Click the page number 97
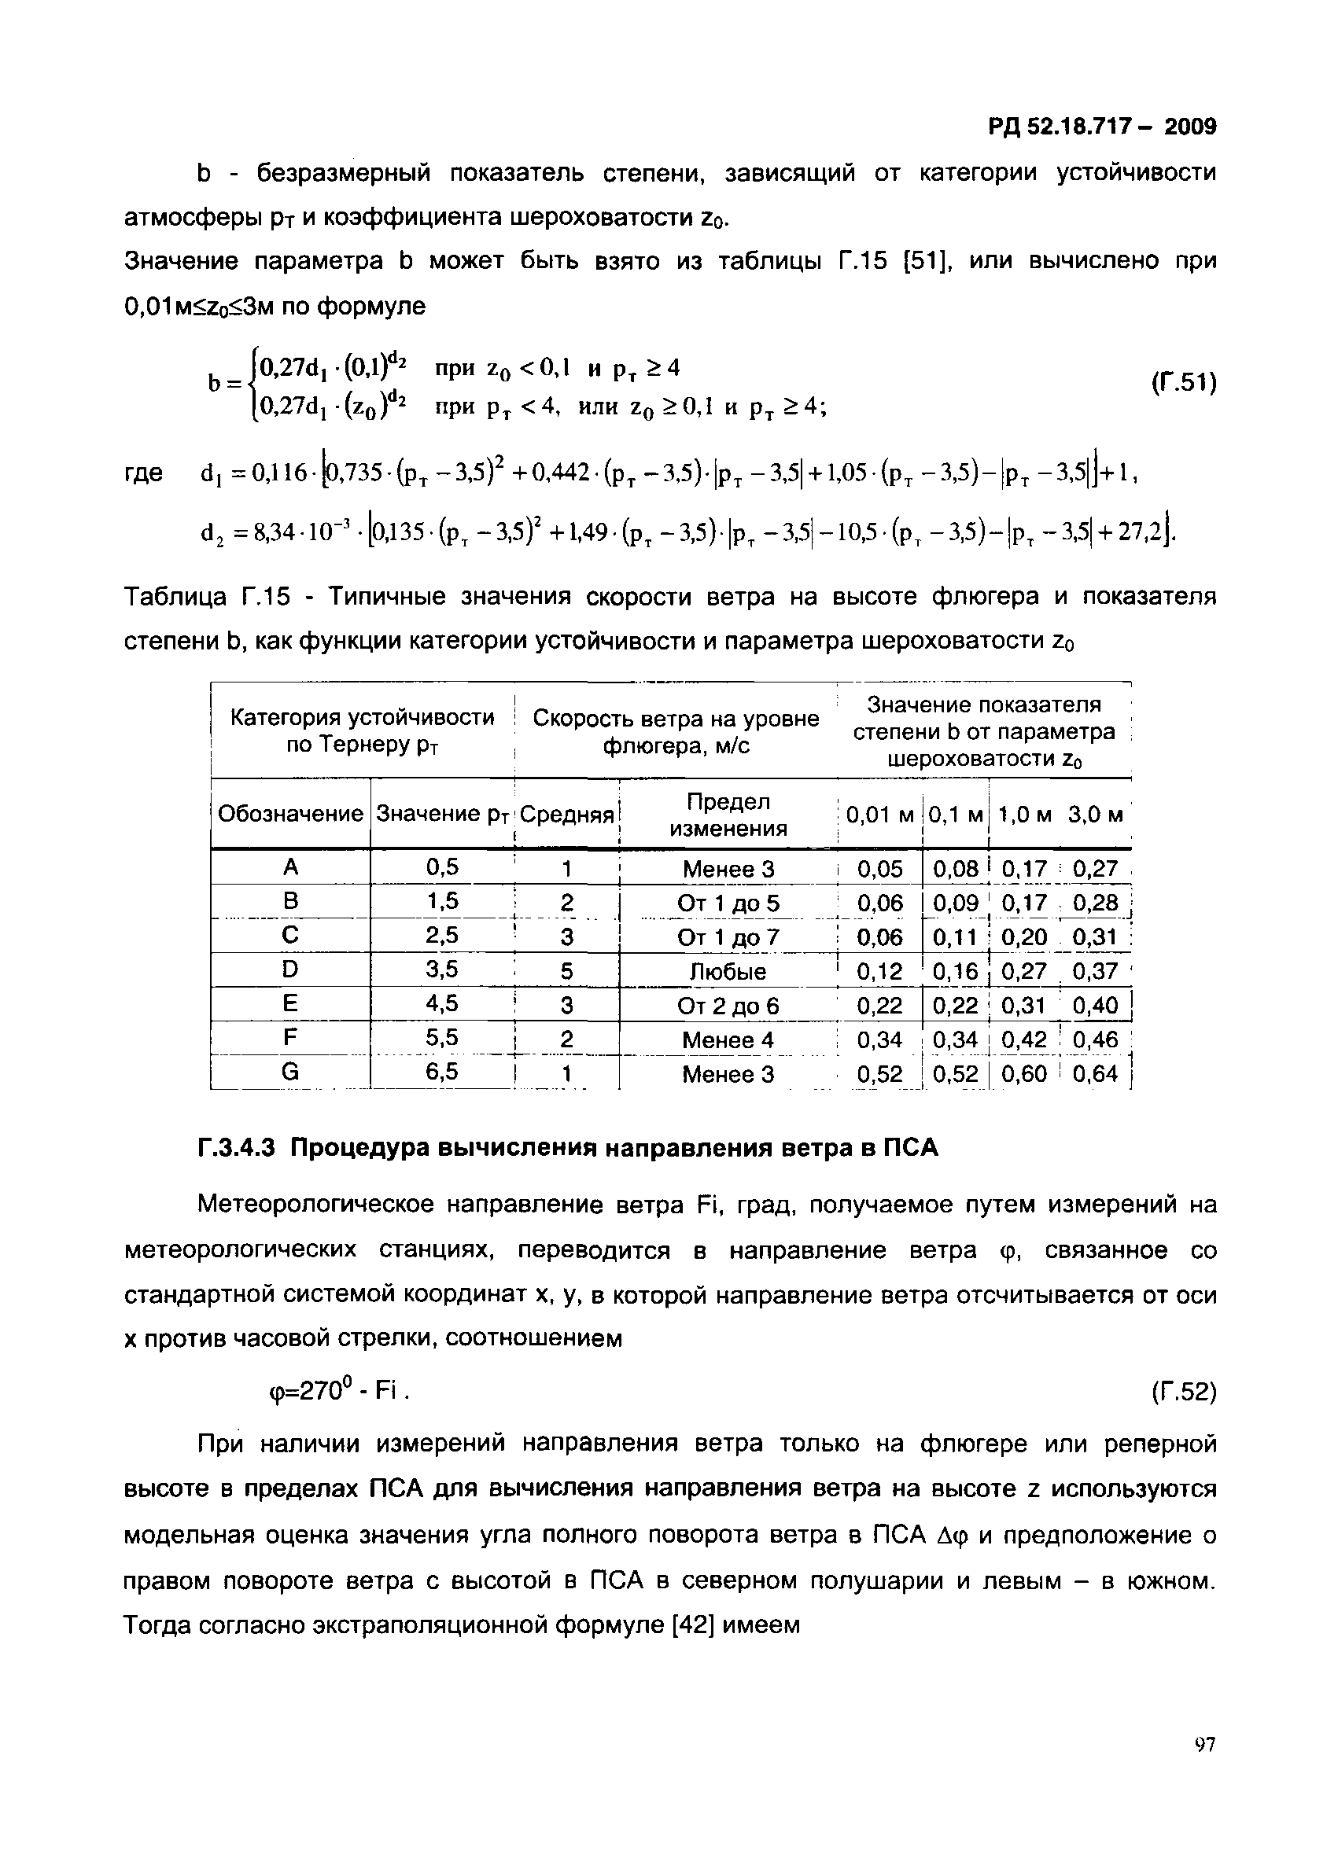pyautogui.click(x=1204, y=1768)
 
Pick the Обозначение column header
pyautogui.click(x=290, y=814)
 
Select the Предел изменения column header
pyautogui.click(x=728, y=815)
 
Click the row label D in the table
pyautogui.click(x=290, y=970)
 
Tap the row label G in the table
pyautogui.click(x=290, y=1072)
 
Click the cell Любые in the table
pyautogui.click(x=728, y=972)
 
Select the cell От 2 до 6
pyautogui.click(x=728, y=1005)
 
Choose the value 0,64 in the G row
pyautogui.click(x=1095, y=1073)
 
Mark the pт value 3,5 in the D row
pyautogui.click(x=442, y=970)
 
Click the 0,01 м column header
pyautogui.click(x=879, y=815)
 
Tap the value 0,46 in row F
pyautogui.click(x=1095, y=1039)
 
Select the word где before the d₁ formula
pyautogui.click(x=143, y=473)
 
